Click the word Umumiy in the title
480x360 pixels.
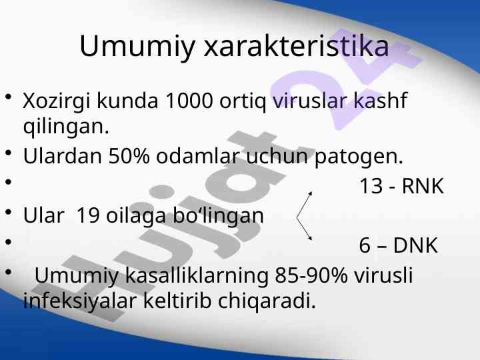[x=137, y=47]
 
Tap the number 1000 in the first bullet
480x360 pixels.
[x=189, y=101]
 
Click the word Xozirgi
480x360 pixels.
[x=57, y=102]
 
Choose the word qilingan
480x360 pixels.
[x=66, y=127]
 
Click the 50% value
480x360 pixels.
[x=129, y=156]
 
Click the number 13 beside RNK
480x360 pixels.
[x=371, y=186]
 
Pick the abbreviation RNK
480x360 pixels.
[x=423, y=186]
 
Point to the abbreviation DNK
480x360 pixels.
[x=415, y=245]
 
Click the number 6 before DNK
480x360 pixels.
[x=365, y=245]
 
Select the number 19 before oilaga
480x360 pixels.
[x=88, y=215]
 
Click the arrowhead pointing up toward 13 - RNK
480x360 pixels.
[x=311, y=193]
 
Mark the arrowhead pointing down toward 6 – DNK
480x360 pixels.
[x=310, y=238]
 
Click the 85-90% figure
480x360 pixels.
[x=311, y=275]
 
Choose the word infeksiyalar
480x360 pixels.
[x=79, y=301]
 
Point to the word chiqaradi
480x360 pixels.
[x=267, y=302]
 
